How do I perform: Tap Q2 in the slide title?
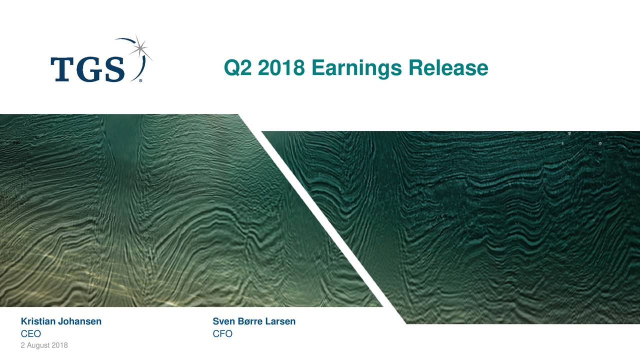(238, 68)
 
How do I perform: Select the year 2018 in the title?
(281, 68)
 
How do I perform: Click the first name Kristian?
(38, 321)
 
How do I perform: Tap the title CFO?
(222, 334)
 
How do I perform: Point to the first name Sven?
(223, 321)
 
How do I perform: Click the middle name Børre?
(250, 321)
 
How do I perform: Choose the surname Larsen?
(280, 321)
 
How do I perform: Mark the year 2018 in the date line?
(59, 346)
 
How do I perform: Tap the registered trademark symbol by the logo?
(140, 80)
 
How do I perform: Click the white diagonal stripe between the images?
(320, 220)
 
